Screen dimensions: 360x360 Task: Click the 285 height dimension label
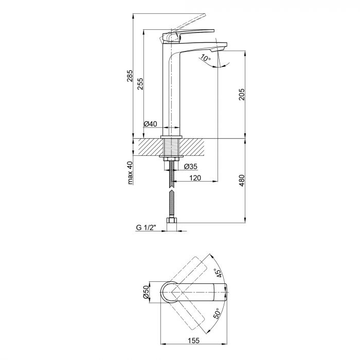click(130, 76)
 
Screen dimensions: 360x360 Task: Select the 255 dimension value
click(140, 84)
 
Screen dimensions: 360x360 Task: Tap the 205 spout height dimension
click(242, 94)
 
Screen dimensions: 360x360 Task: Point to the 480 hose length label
click(242, 181)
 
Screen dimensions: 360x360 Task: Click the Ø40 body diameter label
click(150, 124)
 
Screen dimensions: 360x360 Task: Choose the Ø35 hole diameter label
click(191, 166)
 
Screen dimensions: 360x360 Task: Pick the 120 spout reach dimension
click(195, 178)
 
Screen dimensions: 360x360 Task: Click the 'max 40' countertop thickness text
click(130, 173)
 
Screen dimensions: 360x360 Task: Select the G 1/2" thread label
click(146, 227)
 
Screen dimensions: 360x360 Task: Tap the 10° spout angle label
click(206, 58)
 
